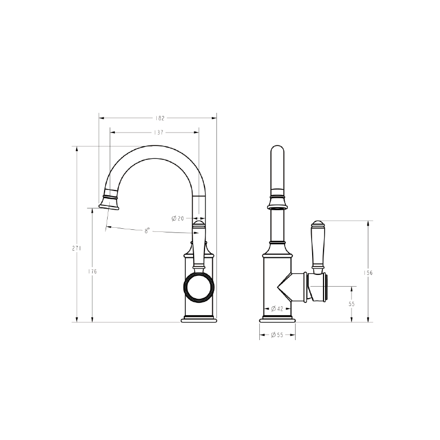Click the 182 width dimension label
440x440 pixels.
click(159, 118)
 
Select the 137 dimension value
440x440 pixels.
click(158, 133)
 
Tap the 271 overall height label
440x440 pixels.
click(76, 248)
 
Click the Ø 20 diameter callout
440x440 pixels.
click(178, 218)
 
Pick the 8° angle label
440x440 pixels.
click(148, 231)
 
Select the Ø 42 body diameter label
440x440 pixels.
click(277, 309)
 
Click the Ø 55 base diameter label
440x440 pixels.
click(277, 335)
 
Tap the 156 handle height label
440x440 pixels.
click(368, 272)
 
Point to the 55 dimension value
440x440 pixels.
click(352, 304)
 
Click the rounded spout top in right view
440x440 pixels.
click(277, 155)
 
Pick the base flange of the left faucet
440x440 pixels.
click(199, 319)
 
